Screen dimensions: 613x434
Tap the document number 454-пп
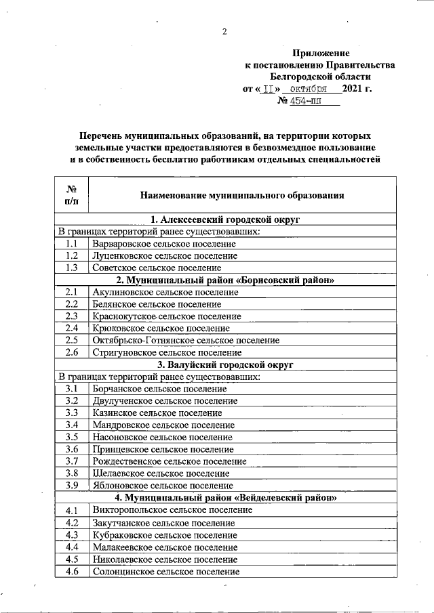click(x=306, y=101)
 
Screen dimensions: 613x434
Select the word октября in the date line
click(x=305, y=89)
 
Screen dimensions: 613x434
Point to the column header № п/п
click(x=71, y=195)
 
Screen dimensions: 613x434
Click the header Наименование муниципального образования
click(x=242, y=195)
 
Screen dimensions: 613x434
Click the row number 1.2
click(x=71, y=256)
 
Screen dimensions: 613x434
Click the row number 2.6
click(x=71, y=353)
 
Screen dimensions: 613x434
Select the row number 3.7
click(x=71, y=461)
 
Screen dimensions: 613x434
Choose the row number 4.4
click(x=71, y=547)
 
